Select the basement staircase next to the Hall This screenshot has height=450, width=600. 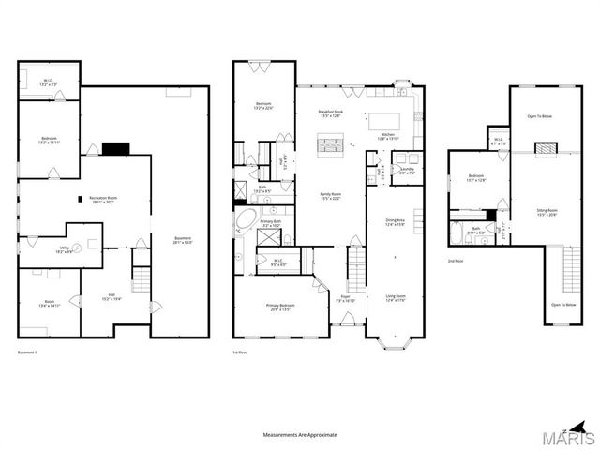pyautogui.click(x=141, y=278)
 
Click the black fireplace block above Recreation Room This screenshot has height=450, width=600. pyautogui.click(x=115, y=147)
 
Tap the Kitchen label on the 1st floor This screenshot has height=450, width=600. pyautogui.click(x=390, y=136)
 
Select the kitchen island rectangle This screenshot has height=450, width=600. pyautogui.click(x=384, y=120)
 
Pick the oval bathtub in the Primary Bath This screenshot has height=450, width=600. pyautogui.click(x=246, y=221)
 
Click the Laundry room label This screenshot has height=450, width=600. pyautogui.click(x=408, y=171)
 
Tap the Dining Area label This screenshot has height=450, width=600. pyautogui.click(x=396, y=222)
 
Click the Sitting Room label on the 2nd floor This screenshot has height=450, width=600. pyautogui.click(x=547, y=213)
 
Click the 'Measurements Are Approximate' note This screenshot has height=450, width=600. pyautogui.click(x=299, y=435)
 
